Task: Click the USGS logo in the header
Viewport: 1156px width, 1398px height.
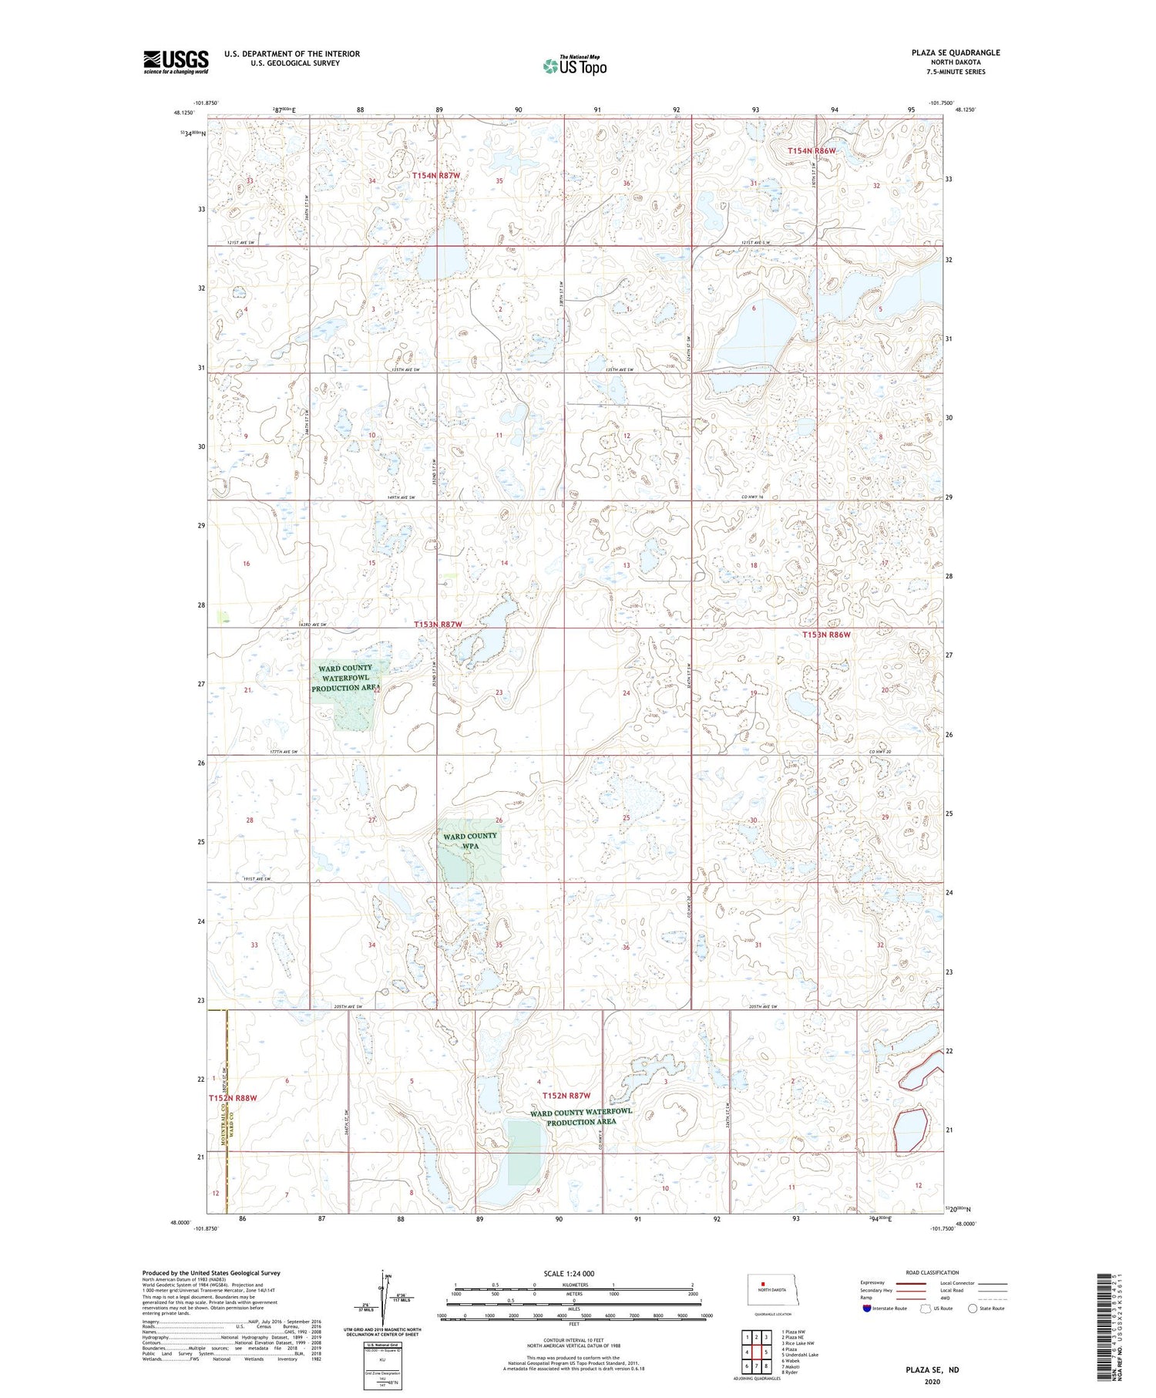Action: [x=176, y=62]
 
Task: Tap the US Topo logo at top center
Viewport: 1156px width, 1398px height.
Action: [x=574, y=66]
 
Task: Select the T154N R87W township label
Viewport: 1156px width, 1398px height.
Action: [x=435, y=176]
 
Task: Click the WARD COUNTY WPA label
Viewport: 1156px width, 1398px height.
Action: [x=470, y=840]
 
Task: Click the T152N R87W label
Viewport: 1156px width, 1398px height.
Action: [x=566, y=1096]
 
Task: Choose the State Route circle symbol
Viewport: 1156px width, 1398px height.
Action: [x=973, y=1309]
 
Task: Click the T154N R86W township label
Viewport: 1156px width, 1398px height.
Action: [x=812, y=151]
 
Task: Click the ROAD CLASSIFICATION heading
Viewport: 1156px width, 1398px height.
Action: [x=933, y=1272]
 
